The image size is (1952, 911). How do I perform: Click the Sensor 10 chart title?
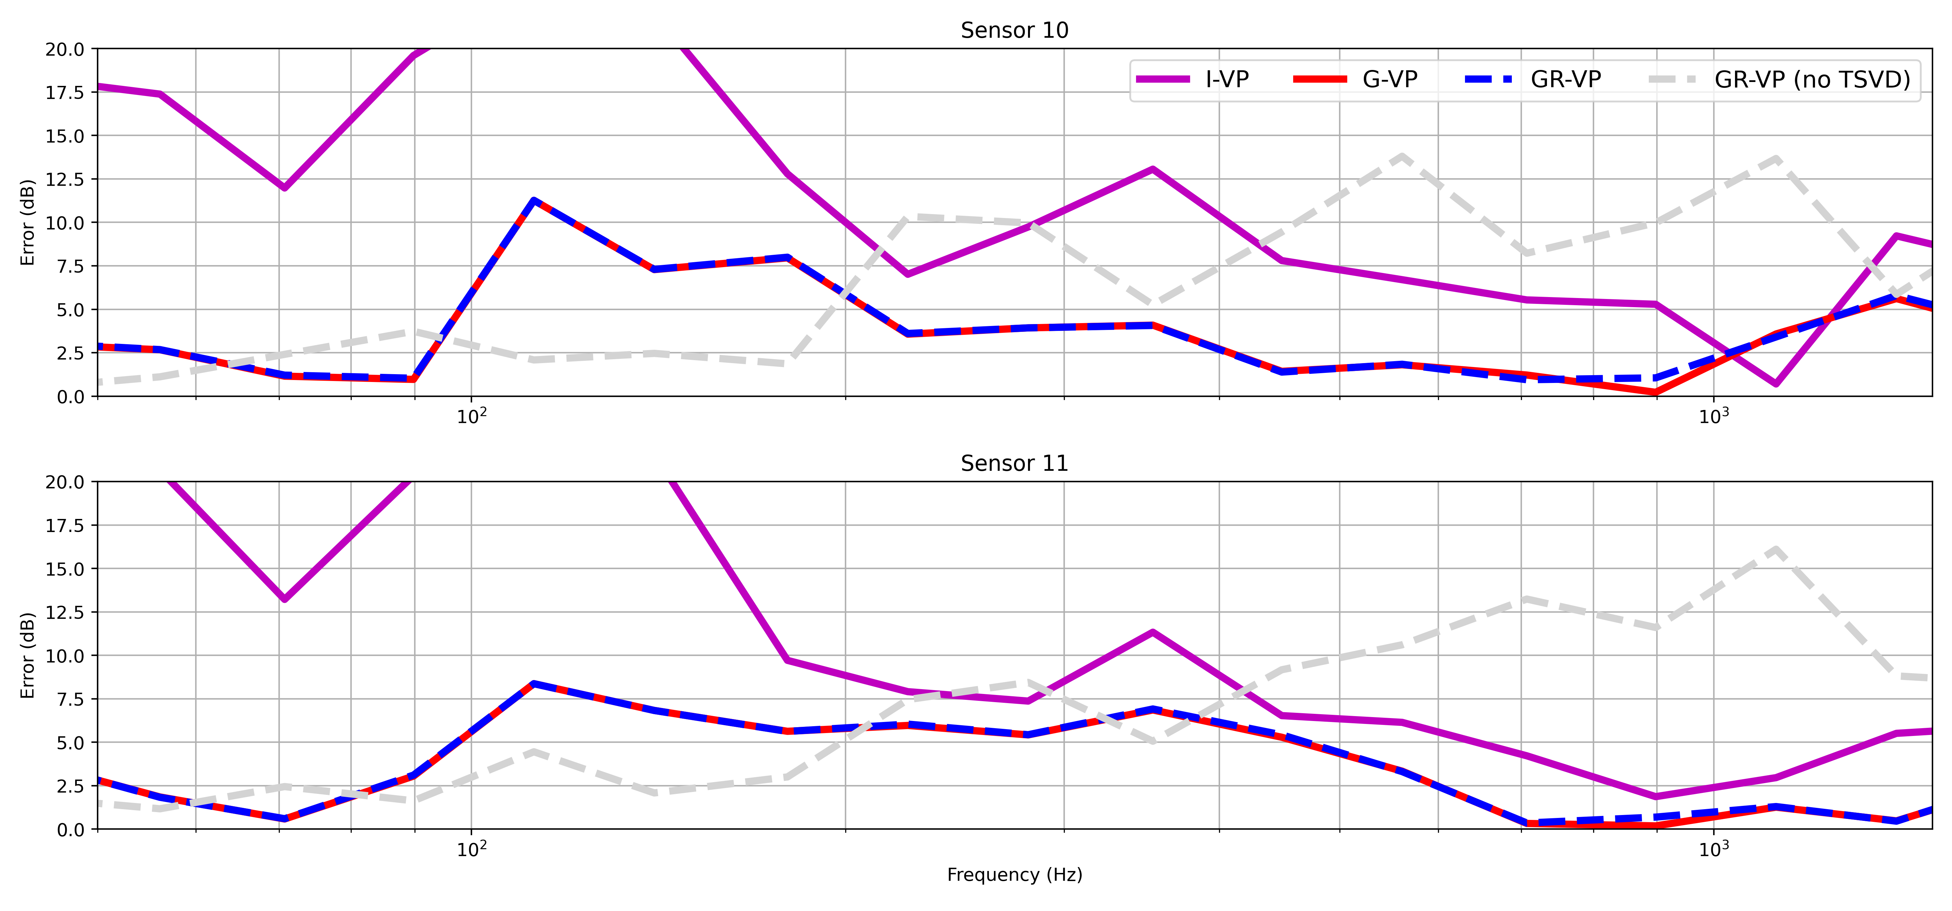pyautogui.click(x=1014, y=30)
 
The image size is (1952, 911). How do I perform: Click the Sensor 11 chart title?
pyautogui.click(x=1014, y=463)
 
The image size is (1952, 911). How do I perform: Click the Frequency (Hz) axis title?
pyautogui.click(x=1014, y=875)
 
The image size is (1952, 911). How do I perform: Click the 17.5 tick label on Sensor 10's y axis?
pyautogui.click(x=65, y=92)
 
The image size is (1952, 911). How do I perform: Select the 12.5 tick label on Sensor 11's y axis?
pyautogui.click(x=65, y=612)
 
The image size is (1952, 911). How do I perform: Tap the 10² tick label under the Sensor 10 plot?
pyautogui.click(x=471, y=416)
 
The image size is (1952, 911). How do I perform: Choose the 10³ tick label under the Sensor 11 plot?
pyautogui.click(x=1713, y=849)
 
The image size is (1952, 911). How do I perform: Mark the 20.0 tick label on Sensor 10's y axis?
pyautogui.click(x=65, y=49)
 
